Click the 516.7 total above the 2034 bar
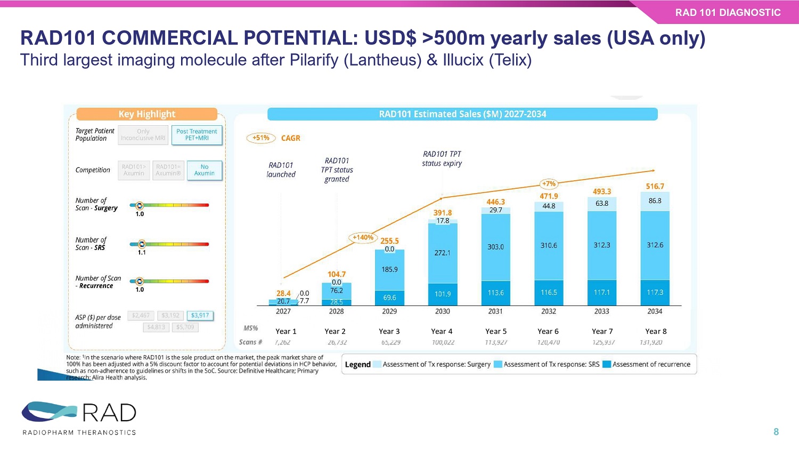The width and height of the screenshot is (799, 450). point(655,187)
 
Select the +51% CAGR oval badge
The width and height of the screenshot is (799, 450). point(260,138)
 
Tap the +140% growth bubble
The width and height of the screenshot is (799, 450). point(363,238)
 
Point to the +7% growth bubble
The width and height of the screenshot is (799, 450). point(548,184)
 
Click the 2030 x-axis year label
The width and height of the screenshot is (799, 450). point(442,311)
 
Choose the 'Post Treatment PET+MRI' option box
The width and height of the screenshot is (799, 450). point(197,135)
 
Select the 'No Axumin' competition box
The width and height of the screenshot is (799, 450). point(204,170)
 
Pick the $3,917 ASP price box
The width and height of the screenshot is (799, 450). point(200,316)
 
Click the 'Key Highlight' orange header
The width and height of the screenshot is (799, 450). point(146,114)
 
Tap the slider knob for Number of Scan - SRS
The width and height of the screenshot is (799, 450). point(142,244)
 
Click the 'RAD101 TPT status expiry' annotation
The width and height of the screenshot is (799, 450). point(442,159)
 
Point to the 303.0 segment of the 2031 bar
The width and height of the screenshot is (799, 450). point(495,247)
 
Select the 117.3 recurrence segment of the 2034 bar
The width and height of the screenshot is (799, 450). point(655,293)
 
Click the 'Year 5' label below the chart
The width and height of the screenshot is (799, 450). point(495,332)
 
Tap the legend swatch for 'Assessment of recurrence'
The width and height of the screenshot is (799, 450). point(606,365)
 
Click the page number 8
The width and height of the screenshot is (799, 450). point(776,432)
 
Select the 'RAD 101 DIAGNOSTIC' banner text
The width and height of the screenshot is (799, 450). point(728,13)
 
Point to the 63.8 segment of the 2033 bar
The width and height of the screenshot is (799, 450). point(602,204)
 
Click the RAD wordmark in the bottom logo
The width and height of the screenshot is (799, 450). point(109,413)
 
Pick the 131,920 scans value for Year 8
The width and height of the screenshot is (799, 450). point(651,342)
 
